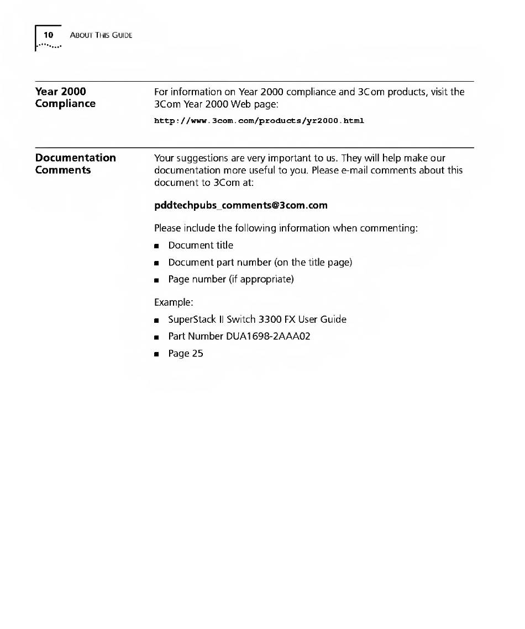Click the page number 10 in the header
click(x=49, y=35)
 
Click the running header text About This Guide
click(x=101, y=36)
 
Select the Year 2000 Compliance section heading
click(x=65, y=97)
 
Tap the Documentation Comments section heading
click(x=76, y=164)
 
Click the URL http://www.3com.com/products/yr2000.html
click(x=259, y=120)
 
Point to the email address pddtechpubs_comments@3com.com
click(x=241, y=205)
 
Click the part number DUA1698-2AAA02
click(x=268, y=336)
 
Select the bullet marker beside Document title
click(x=157, y=246)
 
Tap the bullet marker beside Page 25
click(x=157, y=354)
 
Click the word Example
click(x=172, y=302)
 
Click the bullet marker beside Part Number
click(x=157, y=337)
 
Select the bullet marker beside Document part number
click(x=157, y=263)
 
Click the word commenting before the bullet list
click(x=389, y=228)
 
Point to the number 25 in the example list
click(x=197, y=354)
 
